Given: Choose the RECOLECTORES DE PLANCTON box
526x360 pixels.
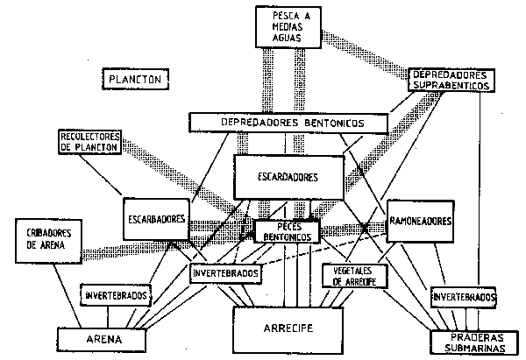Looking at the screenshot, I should pos(91,142).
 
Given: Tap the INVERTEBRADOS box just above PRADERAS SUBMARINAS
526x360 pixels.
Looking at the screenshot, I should pos(464,298).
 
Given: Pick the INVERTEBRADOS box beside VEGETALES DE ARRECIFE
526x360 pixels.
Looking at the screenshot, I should pos(227,273).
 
